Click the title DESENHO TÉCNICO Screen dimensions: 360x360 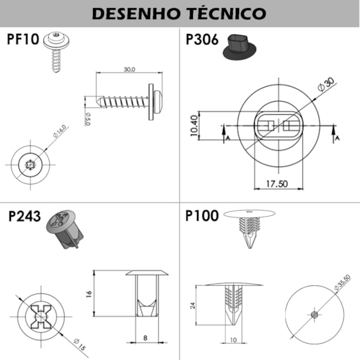(180, 13)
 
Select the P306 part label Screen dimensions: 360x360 (202, 39)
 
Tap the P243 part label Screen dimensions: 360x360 (24, 218)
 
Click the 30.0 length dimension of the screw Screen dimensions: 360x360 (129, 69)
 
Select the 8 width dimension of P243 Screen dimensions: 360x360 (145, 338)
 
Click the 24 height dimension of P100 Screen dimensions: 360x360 (192, 306)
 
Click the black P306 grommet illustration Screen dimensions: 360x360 (240, 48)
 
